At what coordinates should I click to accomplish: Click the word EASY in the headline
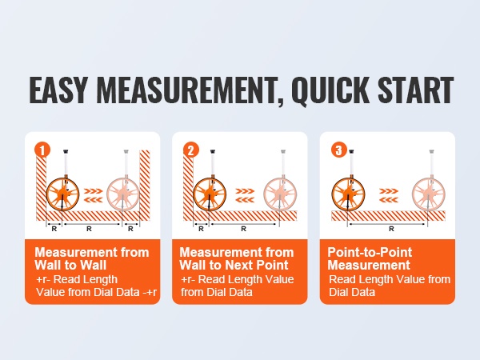pyautogui.click(x=58, y=90)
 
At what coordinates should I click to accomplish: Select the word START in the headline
pyautogui.click(x=415, y=90)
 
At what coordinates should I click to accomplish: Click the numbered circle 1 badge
pyautogui.click(x=42, y=150)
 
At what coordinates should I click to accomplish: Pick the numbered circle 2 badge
pyautogui.click(x=191, y=150)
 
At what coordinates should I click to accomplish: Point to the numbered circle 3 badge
pyautogui.click(x=339, y=150)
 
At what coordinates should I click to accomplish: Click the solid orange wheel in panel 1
pyautogui.click(x=62, y=194)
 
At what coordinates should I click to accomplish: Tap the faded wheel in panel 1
pyautogui.click(x=123, y=194)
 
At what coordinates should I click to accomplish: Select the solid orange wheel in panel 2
pyautogui.click(x=210, y=194)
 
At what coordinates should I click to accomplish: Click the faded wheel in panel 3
pyautogui.click(x=428, y=194)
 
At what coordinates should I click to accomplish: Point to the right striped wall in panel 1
pyautogui.click(x=145, y=185)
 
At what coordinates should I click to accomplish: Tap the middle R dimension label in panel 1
pyautogui.click(x=89, y=229)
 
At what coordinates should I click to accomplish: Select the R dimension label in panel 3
pyautogui.click(x=391, y=229)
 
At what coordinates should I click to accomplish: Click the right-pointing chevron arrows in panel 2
pyautogui.click(x=245, y=191)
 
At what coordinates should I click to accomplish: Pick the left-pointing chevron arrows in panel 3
pyautogui.click(x=389, y=200)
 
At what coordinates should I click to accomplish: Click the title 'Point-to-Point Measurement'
pyautogui.click(x=370, y=258)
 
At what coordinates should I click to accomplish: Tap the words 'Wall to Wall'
pyautogui.click(x=70, y=265)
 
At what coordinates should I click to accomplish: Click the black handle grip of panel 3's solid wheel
pyautogui.click(x=351, y=151)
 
